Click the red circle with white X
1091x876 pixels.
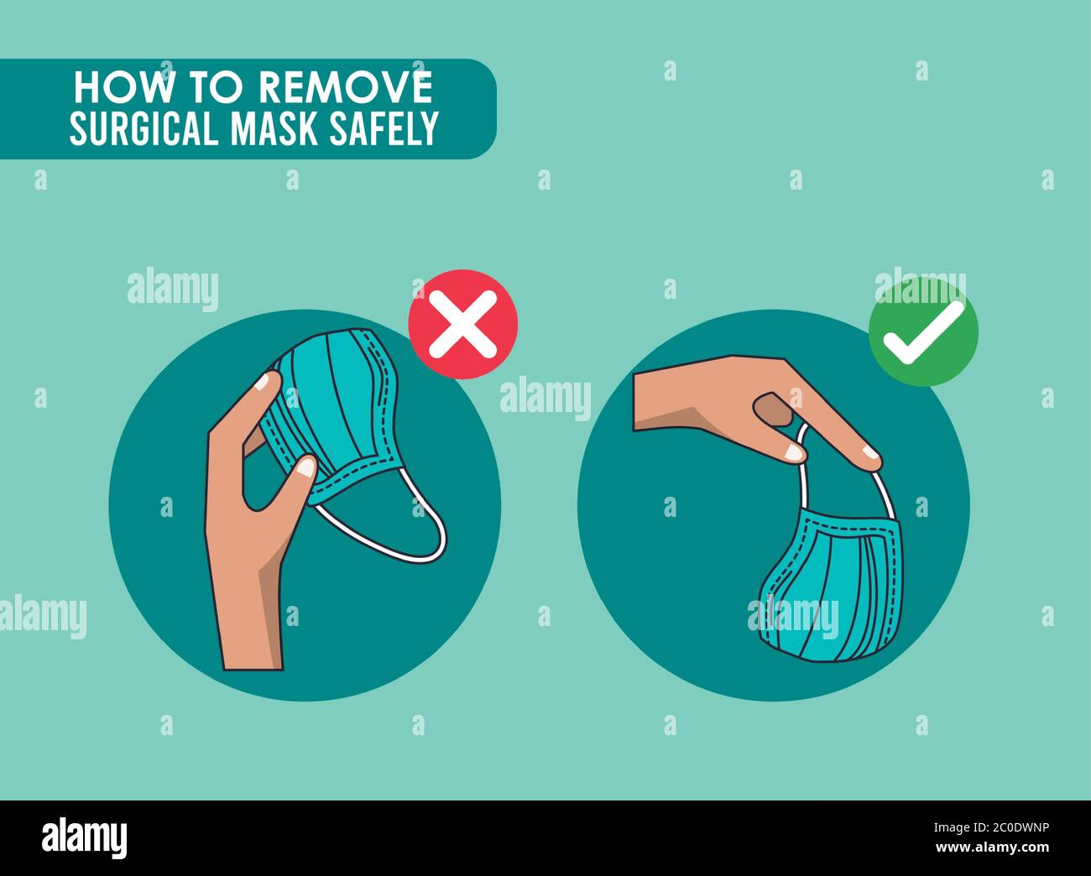pos(462,324)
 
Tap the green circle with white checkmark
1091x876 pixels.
pos(922,331)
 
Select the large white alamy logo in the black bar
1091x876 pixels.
pos(84,837)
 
